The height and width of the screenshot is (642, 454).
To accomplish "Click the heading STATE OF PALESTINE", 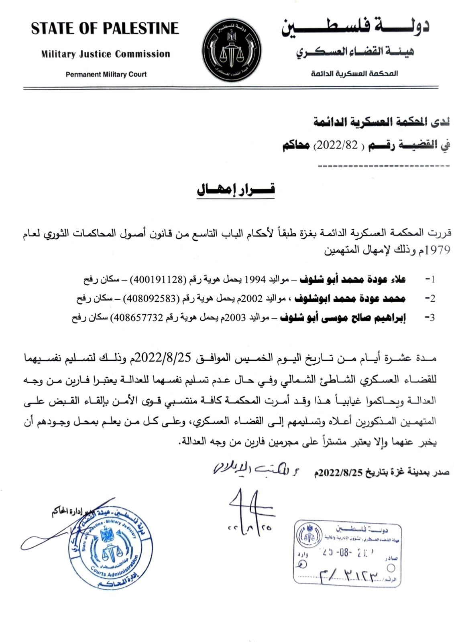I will point(105,28).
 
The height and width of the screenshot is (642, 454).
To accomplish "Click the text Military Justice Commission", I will point(106,54).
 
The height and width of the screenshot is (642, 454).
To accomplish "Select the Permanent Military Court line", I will point(106,74).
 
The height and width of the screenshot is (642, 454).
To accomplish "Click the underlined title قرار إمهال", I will point(236,190).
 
